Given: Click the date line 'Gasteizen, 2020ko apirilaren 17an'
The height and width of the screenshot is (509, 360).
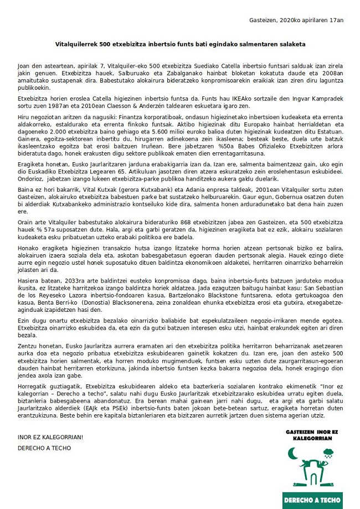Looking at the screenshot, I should point(296,20).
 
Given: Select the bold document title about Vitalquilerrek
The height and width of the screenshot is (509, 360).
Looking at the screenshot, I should point(180,43).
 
